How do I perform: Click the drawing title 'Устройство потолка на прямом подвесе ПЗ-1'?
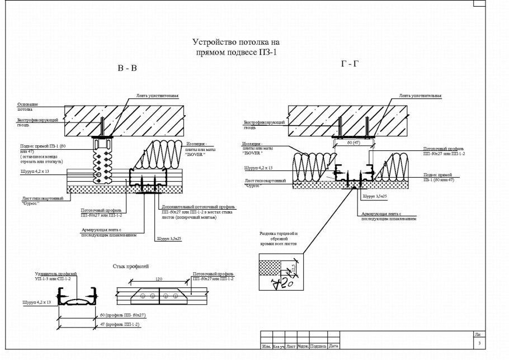pos(235,46)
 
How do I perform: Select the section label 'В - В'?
pos(127,68)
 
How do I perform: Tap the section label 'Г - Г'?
pos(350,64)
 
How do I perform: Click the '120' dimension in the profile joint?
pos(159,278)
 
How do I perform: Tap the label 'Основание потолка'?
pos(28,107)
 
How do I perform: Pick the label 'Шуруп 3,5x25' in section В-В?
pos(167,238)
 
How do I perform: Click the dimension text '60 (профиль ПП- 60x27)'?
pos(122,315)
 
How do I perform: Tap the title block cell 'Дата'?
pos(334,346)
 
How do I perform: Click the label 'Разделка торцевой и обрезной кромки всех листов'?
pos(280,239)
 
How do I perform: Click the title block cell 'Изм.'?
pos(267,346)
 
